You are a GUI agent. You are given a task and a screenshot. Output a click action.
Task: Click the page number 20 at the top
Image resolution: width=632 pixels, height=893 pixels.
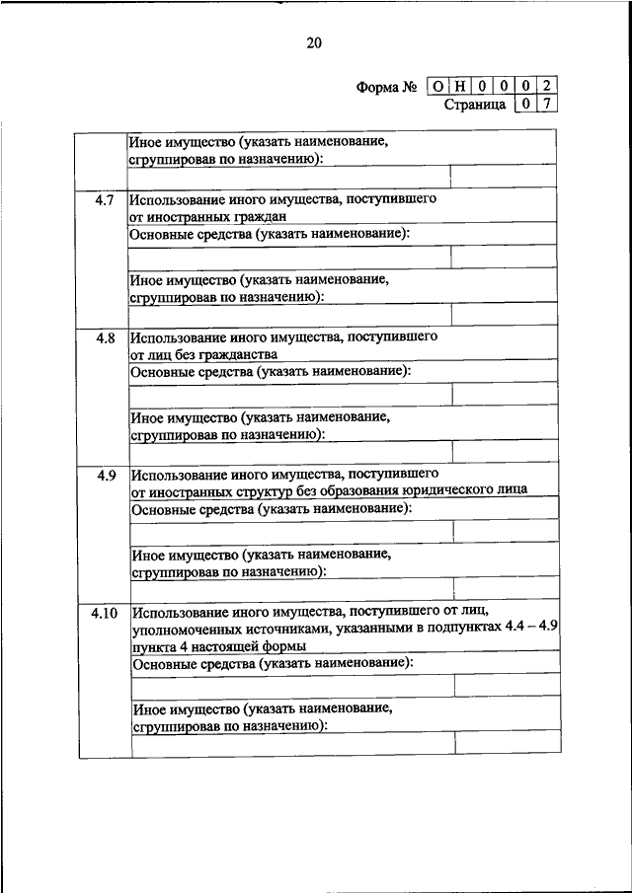315,42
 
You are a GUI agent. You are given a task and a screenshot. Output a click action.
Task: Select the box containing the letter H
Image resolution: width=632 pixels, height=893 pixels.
459,86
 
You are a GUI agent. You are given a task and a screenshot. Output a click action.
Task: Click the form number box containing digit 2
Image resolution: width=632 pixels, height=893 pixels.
546,86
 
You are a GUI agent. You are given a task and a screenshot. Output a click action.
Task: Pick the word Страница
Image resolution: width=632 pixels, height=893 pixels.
475,103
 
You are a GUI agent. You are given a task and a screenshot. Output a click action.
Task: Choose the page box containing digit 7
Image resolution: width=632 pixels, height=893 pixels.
546,103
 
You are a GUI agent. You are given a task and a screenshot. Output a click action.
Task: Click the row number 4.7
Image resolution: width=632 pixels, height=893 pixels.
105,199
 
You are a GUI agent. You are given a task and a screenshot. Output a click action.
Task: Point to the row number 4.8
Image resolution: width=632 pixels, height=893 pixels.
105,337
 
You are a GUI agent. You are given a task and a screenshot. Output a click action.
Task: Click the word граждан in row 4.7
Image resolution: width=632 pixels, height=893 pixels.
256,216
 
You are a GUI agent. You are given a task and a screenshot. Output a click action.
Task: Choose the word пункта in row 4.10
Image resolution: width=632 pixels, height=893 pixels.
150,645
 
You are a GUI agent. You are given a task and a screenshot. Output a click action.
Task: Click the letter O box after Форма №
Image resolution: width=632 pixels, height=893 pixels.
437,86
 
